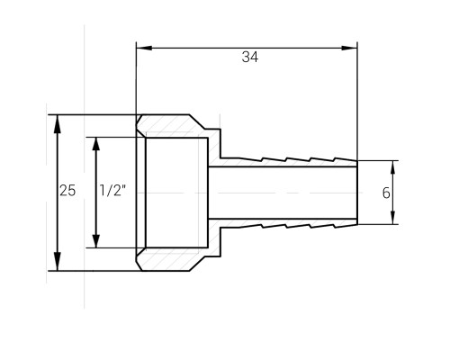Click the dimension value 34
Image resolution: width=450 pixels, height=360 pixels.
250,57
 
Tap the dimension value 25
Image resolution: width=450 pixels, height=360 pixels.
67,191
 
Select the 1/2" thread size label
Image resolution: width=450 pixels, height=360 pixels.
112,191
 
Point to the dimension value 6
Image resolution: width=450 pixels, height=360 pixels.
386,193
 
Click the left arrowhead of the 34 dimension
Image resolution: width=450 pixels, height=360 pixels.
144,48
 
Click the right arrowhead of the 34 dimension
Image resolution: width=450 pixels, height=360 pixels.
349,48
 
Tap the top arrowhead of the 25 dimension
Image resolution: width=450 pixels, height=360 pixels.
57,124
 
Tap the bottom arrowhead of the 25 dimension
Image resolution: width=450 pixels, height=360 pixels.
57,262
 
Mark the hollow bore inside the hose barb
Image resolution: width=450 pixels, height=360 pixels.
283,193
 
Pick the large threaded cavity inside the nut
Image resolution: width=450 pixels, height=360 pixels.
176,193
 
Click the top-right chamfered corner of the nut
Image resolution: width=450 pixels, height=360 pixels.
197,122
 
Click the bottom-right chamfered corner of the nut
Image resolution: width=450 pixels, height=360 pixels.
197,264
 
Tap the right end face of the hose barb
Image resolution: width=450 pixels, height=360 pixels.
357,193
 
